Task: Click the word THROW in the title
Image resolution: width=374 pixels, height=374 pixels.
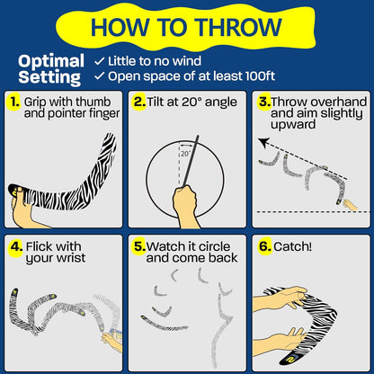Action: (x=239, y=27)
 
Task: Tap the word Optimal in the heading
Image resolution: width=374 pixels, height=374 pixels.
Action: (x=51, y=61)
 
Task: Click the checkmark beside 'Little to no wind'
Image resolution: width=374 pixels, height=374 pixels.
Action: (x=99, y=61)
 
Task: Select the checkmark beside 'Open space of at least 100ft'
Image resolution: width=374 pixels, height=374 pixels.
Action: (x=99, y=76)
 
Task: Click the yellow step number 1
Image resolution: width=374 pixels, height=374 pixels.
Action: (x=13, y=102)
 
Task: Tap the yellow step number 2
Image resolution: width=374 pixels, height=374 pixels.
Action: (x=138, y=102)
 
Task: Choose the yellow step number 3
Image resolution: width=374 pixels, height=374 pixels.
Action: (x=264, y=102)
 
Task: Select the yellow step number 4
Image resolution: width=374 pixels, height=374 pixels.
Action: (x=16, y=246)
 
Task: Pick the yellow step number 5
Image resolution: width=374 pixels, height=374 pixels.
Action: (x=139, y=246)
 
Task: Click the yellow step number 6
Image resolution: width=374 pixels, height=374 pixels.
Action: (x=265, y=246)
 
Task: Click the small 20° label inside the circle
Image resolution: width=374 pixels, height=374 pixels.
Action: (x=186, y=154)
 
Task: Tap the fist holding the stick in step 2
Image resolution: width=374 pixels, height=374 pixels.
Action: (x=185, y=200)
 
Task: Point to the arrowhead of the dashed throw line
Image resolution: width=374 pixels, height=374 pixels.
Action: (x=263, y=142)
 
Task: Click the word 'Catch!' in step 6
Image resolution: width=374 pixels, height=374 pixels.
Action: (x=292, y=246)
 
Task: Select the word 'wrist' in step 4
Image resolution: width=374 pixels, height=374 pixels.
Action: (x=71, y=258)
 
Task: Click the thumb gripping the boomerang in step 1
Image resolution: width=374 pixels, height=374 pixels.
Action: (x=18, y=195)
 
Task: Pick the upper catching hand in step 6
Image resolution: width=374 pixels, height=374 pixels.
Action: (x=280, y=298)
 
